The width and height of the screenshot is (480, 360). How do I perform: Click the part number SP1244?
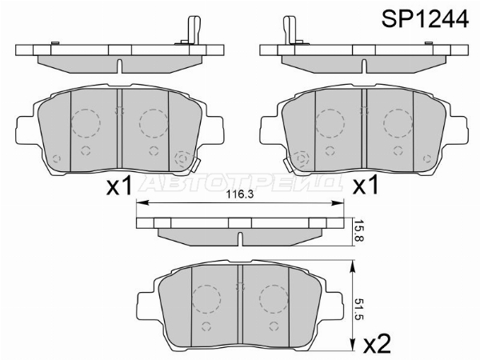[425, 19]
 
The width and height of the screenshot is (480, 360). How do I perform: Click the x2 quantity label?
[377, 344]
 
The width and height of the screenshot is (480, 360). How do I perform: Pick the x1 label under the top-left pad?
[119, 186]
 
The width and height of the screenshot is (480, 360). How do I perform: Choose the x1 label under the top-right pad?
[366, 186]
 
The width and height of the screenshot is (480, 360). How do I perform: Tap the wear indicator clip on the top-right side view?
[291, 30]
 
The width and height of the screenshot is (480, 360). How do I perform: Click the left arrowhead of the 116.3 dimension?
[142, 202]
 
